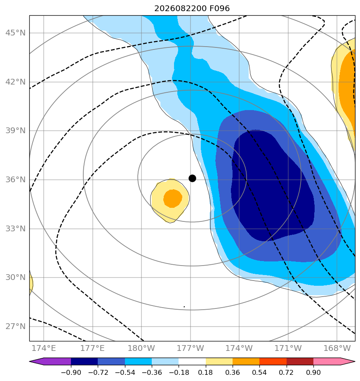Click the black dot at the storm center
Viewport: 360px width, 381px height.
[x=192, y=179]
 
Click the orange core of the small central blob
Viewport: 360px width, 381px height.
[x=173, y=198]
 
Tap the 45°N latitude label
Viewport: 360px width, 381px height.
[x=15, y=33]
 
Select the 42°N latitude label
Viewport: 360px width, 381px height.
[x=15, y=82]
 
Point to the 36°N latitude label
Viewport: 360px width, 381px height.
[x=15, y=179]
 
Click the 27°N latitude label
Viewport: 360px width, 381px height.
[x=15, y=326]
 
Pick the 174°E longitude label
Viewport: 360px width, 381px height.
[x=44, y=348]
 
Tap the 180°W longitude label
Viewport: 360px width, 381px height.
[x=141, y=348]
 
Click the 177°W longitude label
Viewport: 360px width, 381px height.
[x=191, y=348]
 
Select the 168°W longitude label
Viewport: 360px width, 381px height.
[x=337, y=348]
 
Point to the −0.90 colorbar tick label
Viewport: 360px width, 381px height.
[x=71, y=372]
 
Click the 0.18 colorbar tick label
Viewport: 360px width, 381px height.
[x=206, y=372]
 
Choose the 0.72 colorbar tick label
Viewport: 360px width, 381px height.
[x=287, y=372]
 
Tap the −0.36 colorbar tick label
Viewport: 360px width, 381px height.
[x=152, y=372]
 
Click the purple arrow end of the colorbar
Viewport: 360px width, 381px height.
[x=50, y=361]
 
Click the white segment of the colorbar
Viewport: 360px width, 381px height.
[x=192, y=361]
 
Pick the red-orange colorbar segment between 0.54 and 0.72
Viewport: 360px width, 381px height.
[x=273, y=361]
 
